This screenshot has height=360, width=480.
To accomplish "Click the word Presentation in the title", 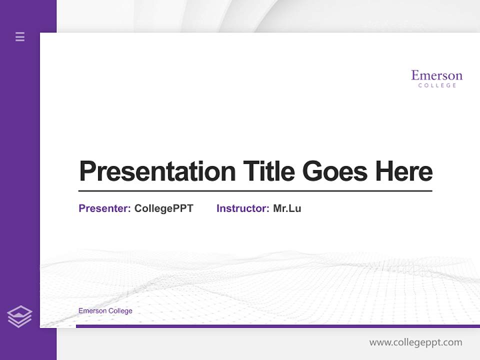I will (157, 171).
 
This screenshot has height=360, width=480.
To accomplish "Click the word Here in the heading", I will (403, 171).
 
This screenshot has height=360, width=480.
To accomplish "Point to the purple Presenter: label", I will (104, 208).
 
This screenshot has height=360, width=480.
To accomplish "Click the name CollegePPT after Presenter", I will (163, 208).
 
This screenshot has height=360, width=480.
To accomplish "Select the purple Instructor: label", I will (242, 208).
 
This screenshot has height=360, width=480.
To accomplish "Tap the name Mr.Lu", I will (287, 208).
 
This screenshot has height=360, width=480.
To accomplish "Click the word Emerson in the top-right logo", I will (436, 75).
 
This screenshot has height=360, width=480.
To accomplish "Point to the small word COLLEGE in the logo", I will (437, 85).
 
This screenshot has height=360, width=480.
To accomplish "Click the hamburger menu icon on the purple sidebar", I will (20, 36).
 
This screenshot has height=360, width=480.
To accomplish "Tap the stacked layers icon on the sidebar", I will (19, 316).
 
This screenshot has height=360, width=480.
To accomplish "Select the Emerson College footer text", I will (105, 311).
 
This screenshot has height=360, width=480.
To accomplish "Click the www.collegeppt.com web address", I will (415, 342).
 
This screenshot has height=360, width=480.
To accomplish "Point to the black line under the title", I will (255, 190).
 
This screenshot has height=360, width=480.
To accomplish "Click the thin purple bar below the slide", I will (277, 326).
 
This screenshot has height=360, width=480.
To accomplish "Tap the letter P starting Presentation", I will (87, 171).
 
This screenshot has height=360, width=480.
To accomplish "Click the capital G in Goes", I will (312, 171).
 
